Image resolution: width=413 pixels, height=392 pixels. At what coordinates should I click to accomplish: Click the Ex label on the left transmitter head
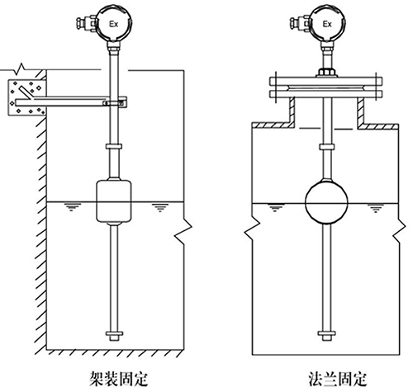pos(116,26)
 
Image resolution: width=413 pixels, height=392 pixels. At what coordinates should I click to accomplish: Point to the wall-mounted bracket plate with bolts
pos(24,98)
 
